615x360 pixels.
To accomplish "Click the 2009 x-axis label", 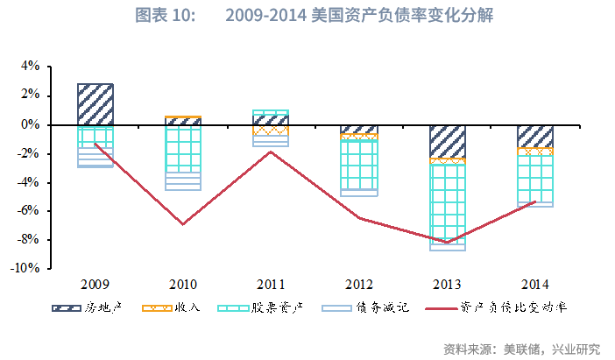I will pos(95,284).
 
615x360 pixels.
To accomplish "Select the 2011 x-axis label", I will pos(271,284).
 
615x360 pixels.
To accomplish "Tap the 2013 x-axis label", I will pos(447,284).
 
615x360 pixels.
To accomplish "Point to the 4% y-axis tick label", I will pos(30,67).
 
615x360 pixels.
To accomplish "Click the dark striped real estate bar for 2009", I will pos(95,104).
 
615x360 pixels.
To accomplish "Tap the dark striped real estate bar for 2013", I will pos(447,141).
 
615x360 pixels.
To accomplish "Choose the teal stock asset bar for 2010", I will pos(183,149).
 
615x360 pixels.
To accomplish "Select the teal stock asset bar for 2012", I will pos(359,165).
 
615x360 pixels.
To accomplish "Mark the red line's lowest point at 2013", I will pos(447,243).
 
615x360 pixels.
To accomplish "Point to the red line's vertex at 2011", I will pos(271,152).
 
